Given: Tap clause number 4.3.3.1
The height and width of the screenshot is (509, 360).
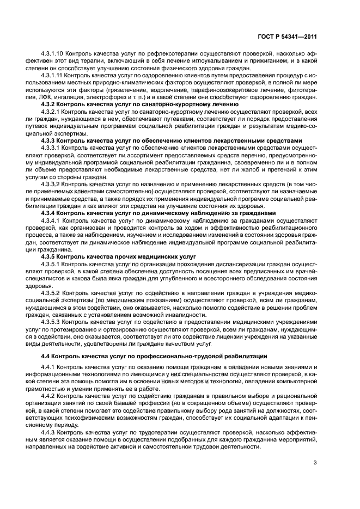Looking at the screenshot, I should coord(52,147).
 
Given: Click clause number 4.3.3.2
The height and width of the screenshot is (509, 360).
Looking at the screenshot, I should coord(52,185).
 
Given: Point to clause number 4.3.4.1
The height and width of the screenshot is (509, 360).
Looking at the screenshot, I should coord(52,222).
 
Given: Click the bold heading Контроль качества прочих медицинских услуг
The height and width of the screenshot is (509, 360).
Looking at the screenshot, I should coord(118,256).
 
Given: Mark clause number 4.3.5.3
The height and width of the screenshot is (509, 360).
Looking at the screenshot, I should coord(52,322).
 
